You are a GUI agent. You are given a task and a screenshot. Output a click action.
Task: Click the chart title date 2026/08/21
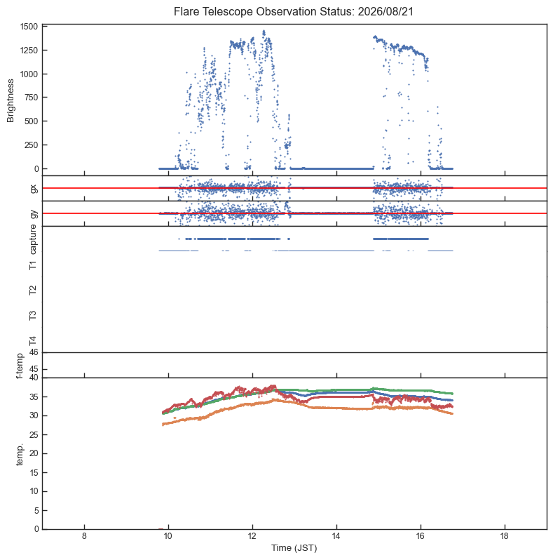[x=385, y=11]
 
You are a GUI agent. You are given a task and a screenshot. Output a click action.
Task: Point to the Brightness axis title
[x=11, y=101]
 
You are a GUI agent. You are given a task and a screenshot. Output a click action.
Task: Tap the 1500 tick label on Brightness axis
[x=29, y=27]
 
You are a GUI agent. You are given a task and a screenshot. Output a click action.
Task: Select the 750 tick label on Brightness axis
[x=31, y=98]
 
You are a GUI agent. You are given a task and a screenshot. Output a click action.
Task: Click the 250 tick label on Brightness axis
[x=31, y=145]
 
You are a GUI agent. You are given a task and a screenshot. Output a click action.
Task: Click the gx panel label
[x=34, y=188]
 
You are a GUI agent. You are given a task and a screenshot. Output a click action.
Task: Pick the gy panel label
[x=34, y=213]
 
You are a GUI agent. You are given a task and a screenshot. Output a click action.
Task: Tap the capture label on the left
[x=33, y=239]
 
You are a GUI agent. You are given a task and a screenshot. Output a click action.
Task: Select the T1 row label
[x=33, y=265]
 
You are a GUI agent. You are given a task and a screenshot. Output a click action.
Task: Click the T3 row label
[x=33, y=315]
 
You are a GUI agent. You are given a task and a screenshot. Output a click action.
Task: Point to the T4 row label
[x=33, y=340]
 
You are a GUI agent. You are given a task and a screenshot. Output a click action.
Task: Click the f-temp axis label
[x=20, y=366]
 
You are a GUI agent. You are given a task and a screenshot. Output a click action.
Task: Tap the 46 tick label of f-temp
[x=34, y=352]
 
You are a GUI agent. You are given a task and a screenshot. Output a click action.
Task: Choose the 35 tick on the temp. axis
[x=34, y=396]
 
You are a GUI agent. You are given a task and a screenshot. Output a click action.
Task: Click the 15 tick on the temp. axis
[x=34, y=472]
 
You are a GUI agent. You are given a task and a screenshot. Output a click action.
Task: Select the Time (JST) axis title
[x=294, y=548]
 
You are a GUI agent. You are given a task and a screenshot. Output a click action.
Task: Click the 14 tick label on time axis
[x=336, y=536]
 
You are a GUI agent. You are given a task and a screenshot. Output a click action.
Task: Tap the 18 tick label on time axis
[x=504, y=536]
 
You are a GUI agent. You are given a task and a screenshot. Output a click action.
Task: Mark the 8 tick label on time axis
[x=84, y=536]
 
